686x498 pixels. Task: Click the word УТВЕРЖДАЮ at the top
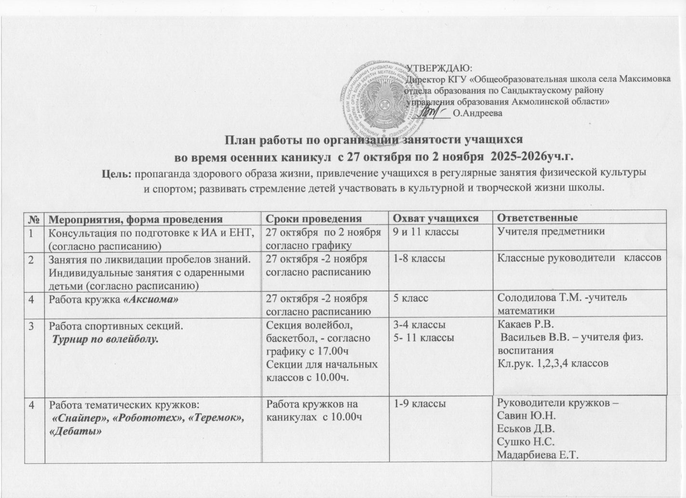tap(439, 68)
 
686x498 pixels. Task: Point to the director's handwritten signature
tap(434, 113)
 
